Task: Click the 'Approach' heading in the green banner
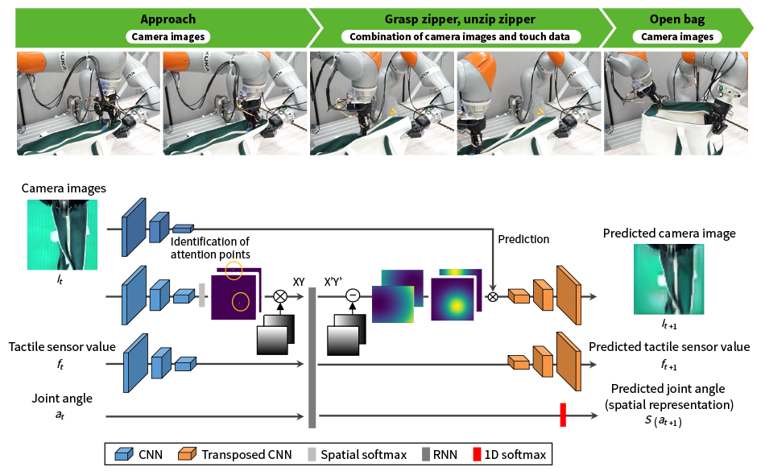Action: pos(167,19)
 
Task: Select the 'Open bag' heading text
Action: pos(677,19)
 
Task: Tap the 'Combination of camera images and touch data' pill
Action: pos(460,36)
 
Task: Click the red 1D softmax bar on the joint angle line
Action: pos(563,415)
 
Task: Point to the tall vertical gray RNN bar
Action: pos(312,357)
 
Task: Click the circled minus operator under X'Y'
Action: pos(353,295)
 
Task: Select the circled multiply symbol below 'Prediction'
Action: pos(493,296)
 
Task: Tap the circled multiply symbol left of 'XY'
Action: pos(280,296)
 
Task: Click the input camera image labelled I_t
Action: pos(63,234)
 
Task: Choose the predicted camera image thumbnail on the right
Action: pos(668,279)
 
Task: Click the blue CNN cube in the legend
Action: pos(124,454)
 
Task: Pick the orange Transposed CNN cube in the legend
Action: pos(187,454)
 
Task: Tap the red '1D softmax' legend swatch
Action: pos(477,454)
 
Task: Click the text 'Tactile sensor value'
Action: pos(62,347)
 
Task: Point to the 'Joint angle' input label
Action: pos(62,399)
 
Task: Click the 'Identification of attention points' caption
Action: pos(210,248)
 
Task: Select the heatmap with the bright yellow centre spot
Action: pos(453,300)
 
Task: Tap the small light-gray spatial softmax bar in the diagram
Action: pos(201,295)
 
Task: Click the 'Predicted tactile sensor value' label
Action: pos(669,347)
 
